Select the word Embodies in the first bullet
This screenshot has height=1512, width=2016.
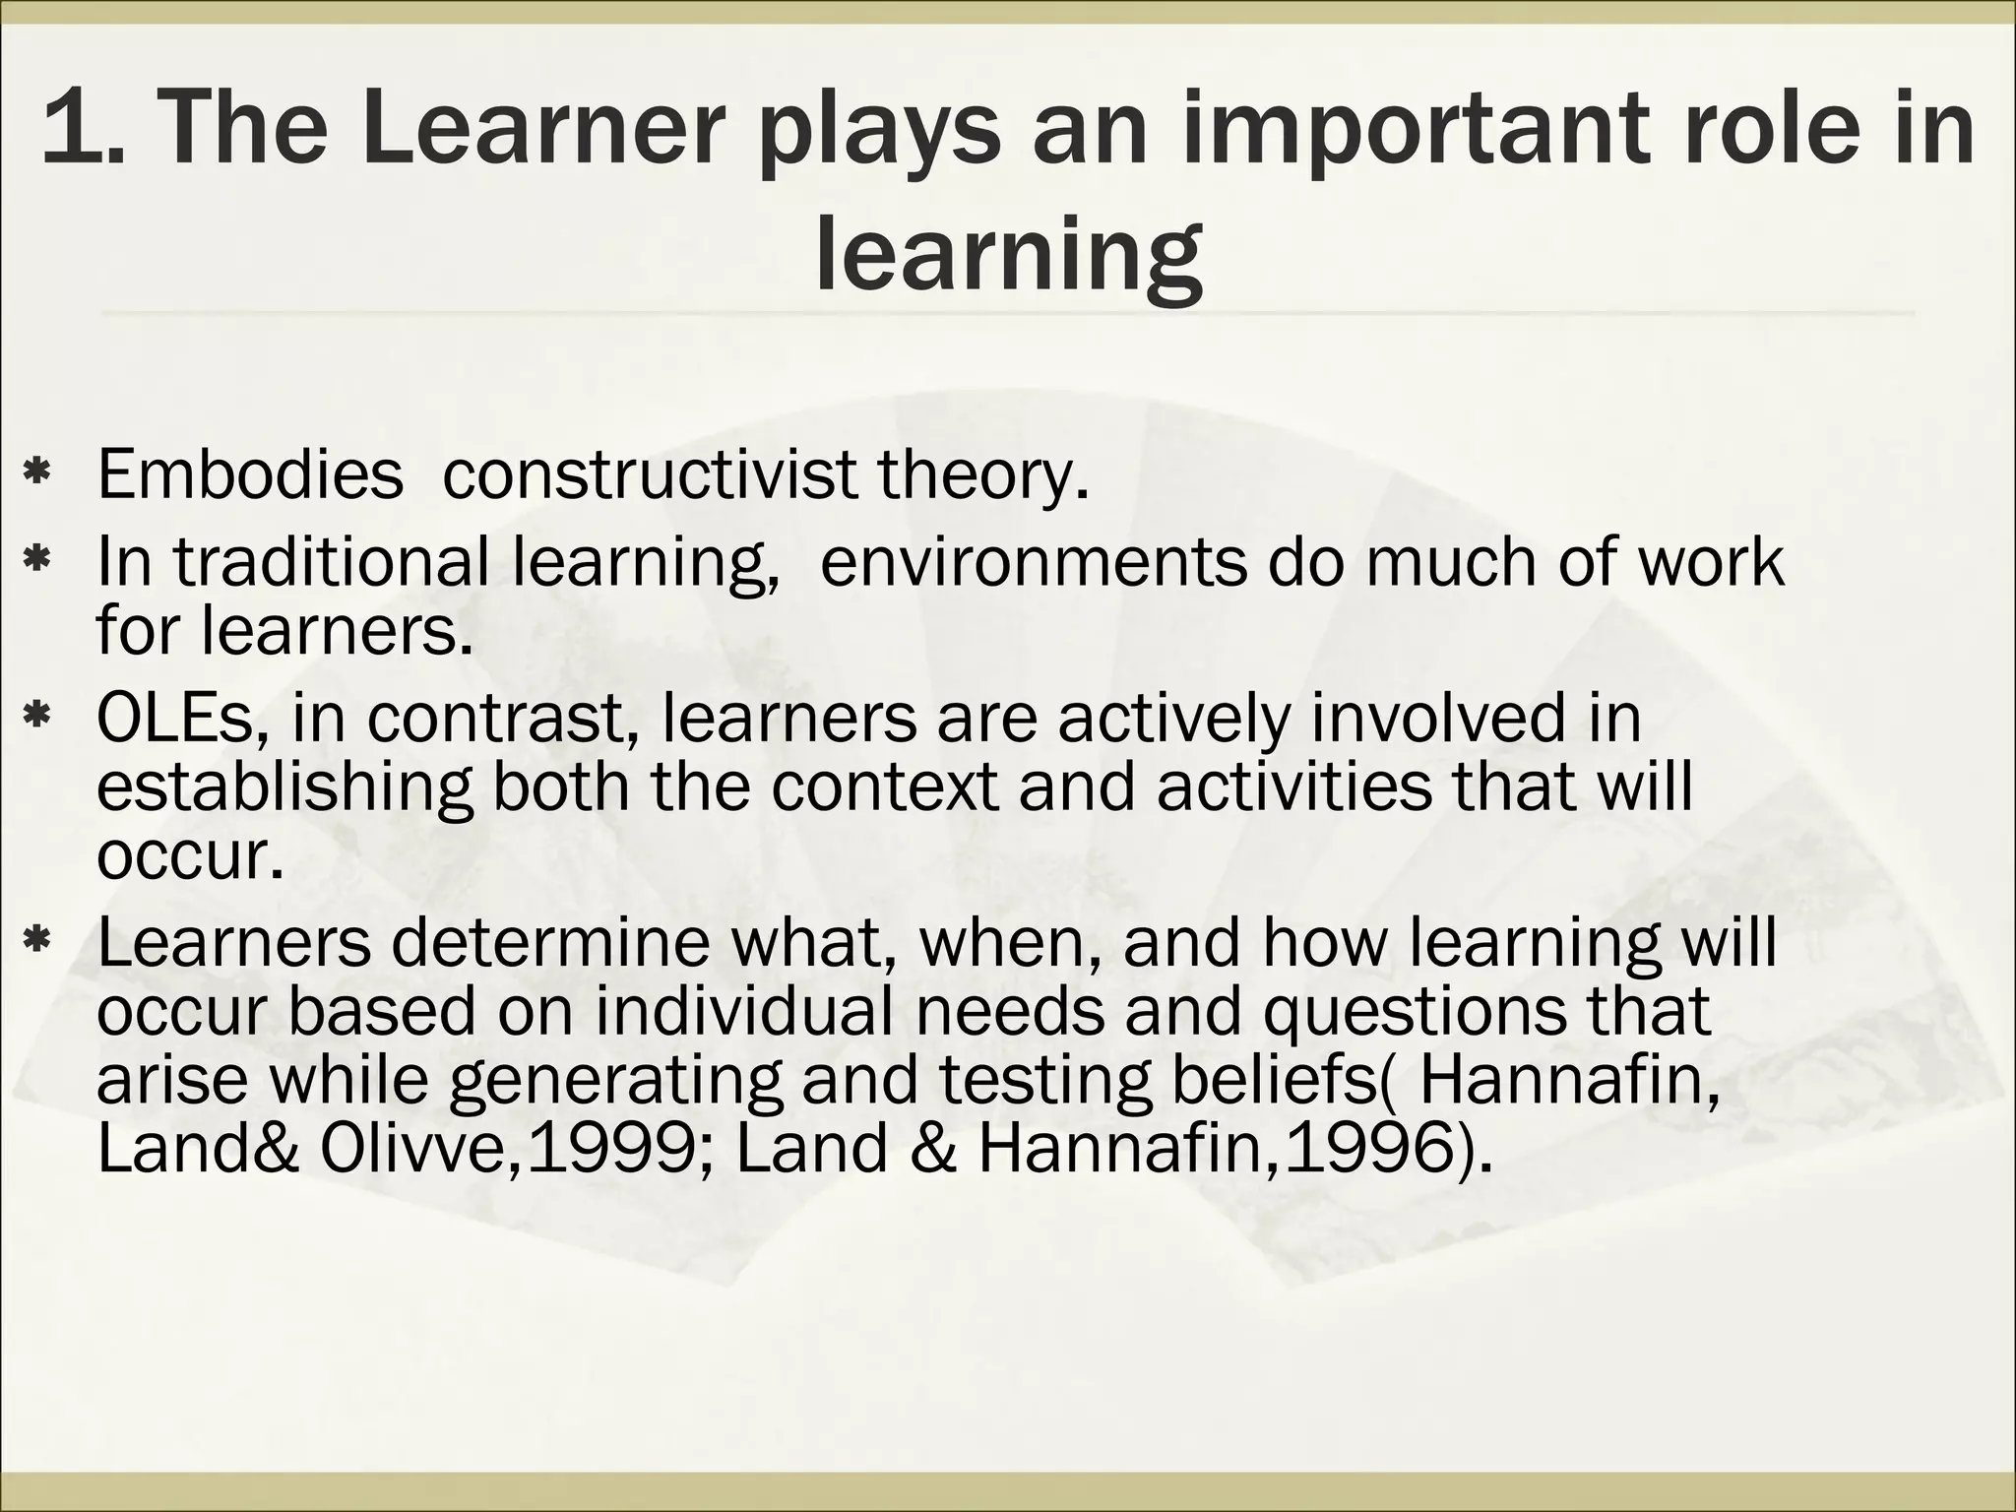[x=250, y=473]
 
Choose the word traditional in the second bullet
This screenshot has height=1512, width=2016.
[x=332, y=562]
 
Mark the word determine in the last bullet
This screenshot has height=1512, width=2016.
[x=550, y=942]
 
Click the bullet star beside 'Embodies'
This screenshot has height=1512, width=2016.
[x=37, y=474]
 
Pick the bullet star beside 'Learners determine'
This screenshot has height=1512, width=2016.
[x=37, y=943]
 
